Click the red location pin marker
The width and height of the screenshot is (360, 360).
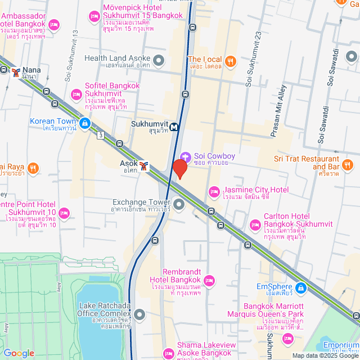coord(179,169)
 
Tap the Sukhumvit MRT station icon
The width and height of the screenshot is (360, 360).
coord(175,127)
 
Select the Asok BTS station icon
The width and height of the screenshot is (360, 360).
coord(144,166)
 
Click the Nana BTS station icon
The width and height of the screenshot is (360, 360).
coord(16,71)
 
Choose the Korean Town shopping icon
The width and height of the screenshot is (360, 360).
coord(84,123)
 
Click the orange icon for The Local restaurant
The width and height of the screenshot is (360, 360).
coord(229,61)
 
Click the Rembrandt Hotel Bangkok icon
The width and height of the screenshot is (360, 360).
coord(209,280)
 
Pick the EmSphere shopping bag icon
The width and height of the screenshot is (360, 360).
coord(301,288)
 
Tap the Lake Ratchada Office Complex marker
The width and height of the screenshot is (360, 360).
coord(139,314)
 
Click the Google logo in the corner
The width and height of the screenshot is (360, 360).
coord(19,353)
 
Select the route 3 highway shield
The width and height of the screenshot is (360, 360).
coord(100,135)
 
